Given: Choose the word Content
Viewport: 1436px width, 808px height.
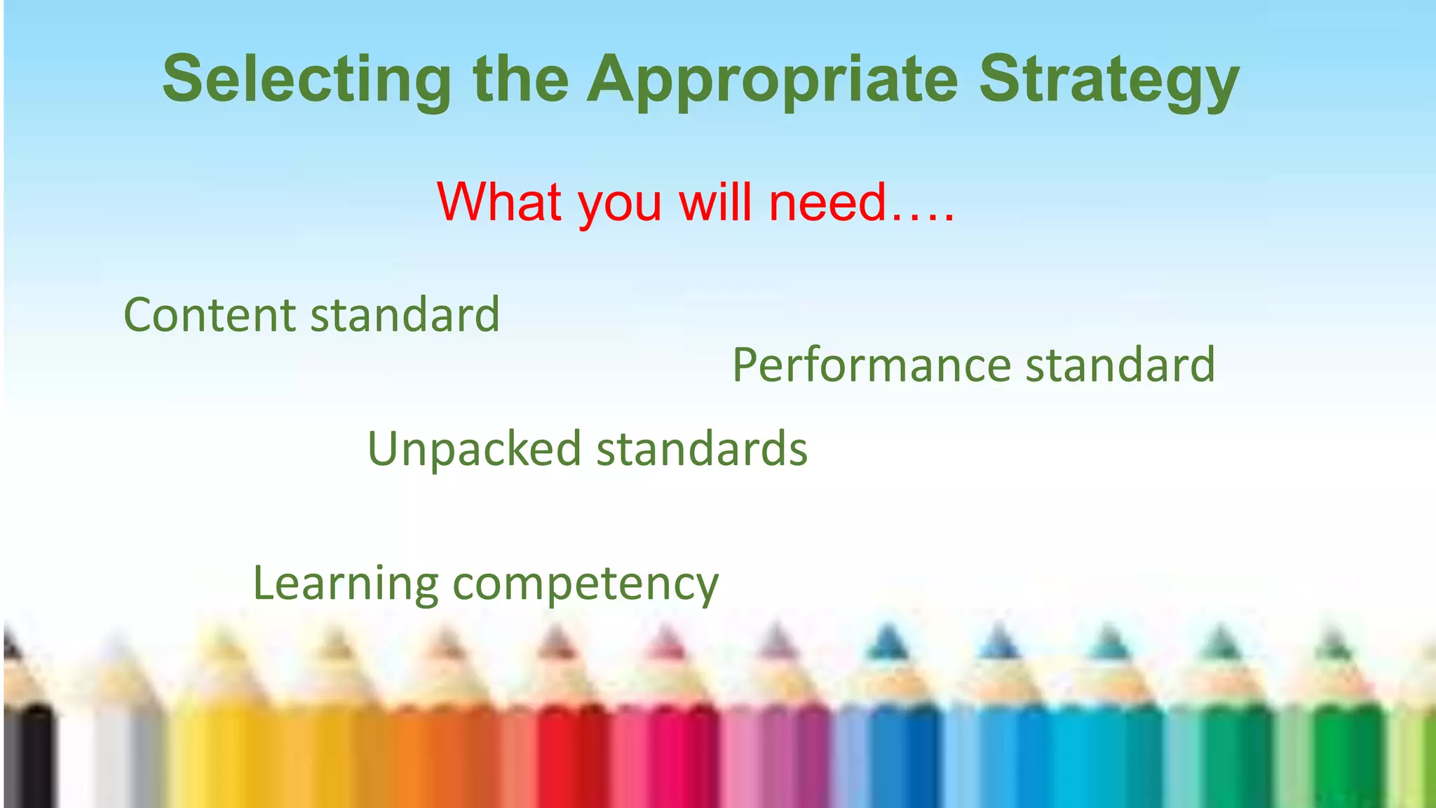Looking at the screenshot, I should click(210, 315).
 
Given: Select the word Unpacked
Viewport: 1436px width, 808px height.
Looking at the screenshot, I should click(474, 449).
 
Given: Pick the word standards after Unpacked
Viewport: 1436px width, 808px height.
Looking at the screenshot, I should click(702, 449).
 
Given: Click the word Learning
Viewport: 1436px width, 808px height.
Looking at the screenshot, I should click(345, 583).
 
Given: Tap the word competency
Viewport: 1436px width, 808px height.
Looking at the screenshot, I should click(585, 584).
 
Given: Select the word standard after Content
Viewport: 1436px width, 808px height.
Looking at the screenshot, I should click(405, 315).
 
